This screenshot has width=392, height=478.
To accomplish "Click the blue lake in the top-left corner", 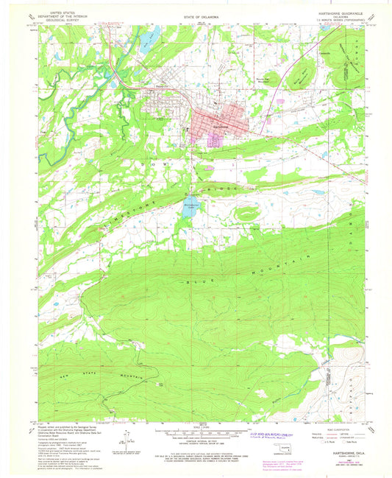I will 152,35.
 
